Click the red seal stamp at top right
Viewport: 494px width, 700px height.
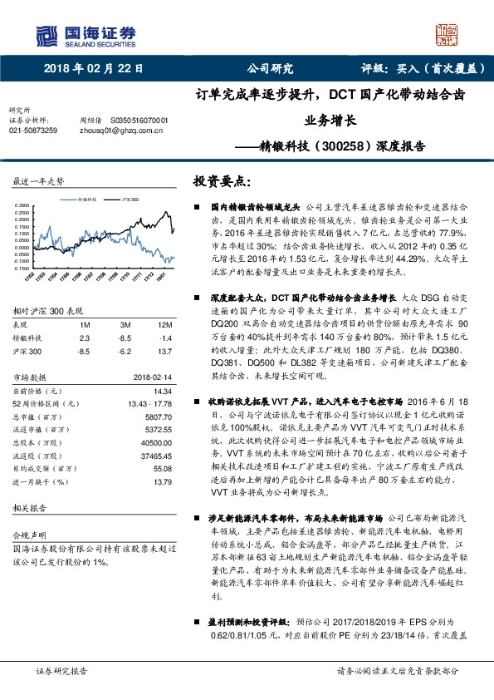pyautogui.click(x=447, y=32)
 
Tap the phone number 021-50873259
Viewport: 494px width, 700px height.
pyautogui.click(x=33, y=131)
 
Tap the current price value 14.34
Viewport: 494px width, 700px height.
pyautogui.click(x=162, y=390)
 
